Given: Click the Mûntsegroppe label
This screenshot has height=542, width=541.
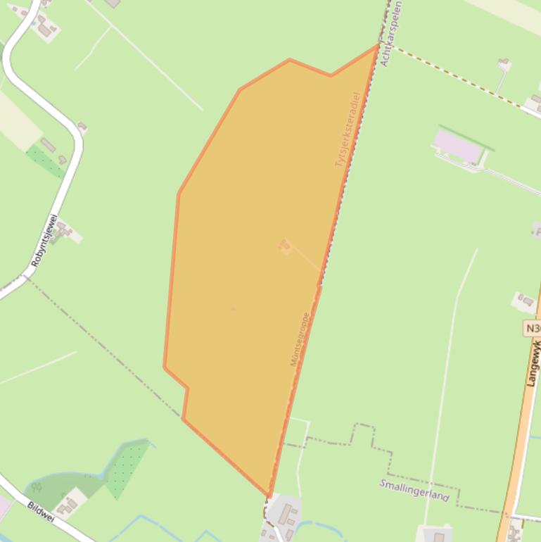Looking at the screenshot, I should pyautogui.click(x=300, y=339).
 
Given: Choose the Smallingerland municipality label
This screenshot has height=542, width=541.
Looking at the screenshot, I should pyautogui.click(x=414, y=489).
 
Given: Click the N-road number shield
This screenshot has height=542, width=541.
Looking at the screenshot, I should pyautogui.click(x=533, y=328).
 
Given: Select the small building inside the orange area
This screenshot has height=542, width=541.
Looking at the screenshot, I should pyautogui.click(x=284, y=246).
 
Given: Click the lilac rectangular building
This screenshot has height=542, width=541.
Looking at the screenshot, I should pyautogui.click(x=457, y=145).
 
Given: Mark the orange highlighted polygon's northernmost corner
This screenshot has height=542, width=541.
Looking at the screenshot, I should pyautogui.click(x=378, y=46).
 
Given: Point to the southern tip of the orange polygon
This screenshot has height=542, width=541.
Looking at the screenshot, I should pyautogui.click(x=268, y=495).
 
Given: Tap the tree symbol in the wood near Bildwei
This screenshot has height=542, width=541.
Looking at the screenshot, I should pyautogui.click(x=36, y=486).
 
